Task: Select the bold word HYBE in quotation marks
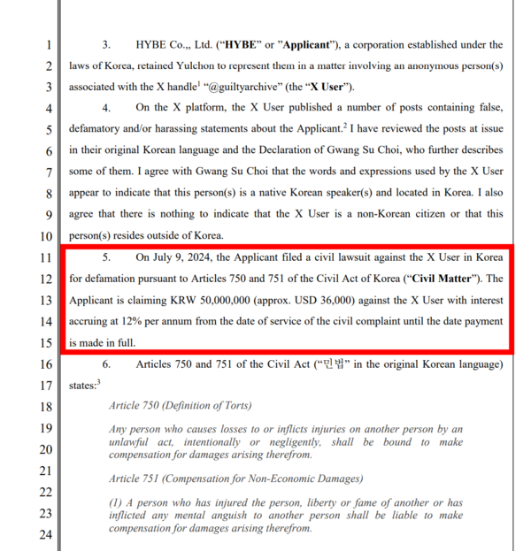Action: (244, 44)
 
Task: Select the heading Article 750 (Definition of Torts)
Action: (180, 406)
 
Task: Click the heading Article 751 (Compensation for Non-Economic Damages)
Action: (235, 478)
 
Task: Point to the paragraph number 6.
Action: (106, 364)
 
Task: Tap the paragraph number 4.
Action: (106, 108)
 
